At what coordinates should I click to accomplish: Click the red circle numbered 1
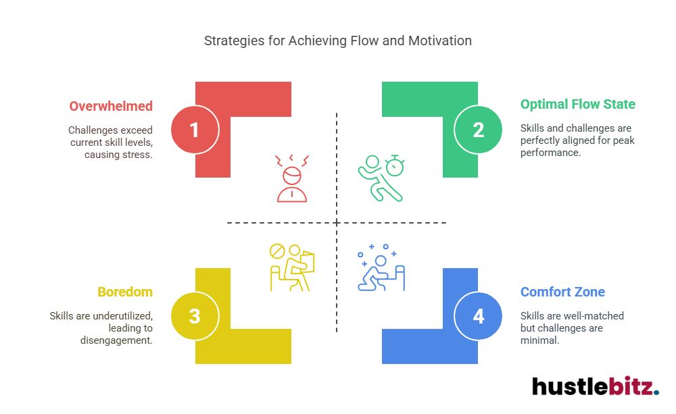pyautogui.click(x=195, y=129)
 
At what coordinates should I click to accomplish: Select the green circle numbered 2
pyautogui.click(x=478, y=129)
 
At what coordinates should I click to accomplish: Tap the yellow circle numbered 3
pyautogui.click(x=195, y=315)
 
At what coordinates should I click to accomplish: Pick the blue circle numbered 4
pyautogui.click(x=478, y=315)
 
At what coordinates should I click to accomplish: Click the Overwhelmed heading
pyautogui.click(x=111, y=106)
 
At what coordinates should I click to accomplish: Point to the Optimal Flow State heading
pyautogui.click(x=578, y=104)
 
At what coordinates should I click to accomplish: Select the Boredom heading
pyautogui.click(x=125, y=292)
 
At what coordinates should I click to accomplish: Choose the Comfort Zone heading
pyautogui.click(x=562, y=292)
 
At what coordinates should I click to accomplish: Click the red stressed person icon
pyautogui.click(x=292, y=178)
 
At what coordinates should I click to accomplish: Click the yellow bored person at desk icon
pyautogui.click(x=292, y=268)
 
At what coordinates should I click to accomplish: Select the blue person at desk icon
pyautogui.click(x=381, y=270)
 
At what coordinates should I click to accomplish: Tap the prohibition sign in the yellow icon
pyautogui.click(x=277, y=252)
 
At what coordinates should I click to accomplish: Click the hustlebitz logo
pyautogui.click(x=595, y=386)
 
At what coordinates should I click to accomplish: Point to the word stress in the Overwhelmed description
pyautogui.click(x=138, y=155)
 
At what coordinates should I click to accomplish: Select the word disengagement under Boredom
pyautogui.click(x=116, y=340)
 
